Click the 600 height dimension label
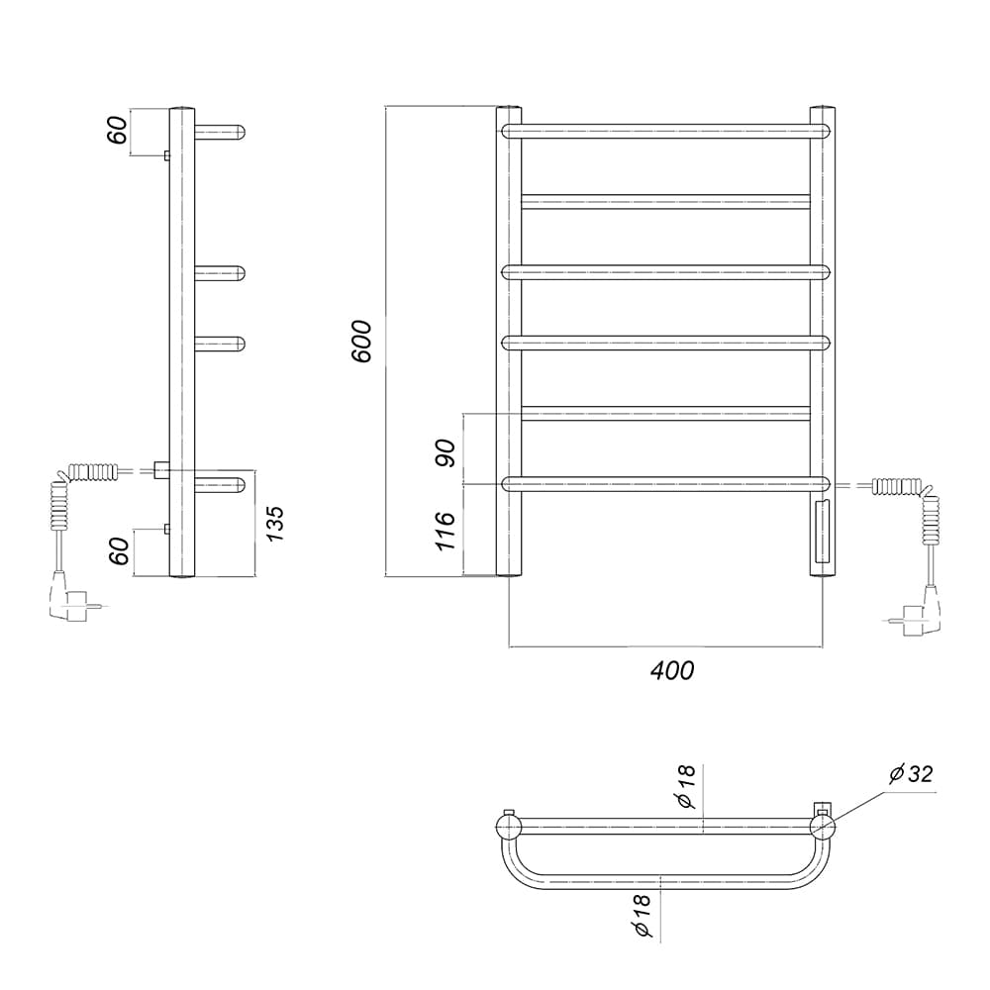coord(362,342)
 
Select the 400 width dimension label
coord(672,670)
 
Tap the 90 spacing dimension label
coord(445,452)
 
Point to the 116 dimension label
coord(445,531)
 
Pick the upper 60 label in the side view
coord(118,131)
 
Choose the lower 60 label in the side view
coord(119,551)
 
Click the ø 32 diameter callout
coord(911,774)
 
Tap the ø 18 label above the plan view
coord(686,786)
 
